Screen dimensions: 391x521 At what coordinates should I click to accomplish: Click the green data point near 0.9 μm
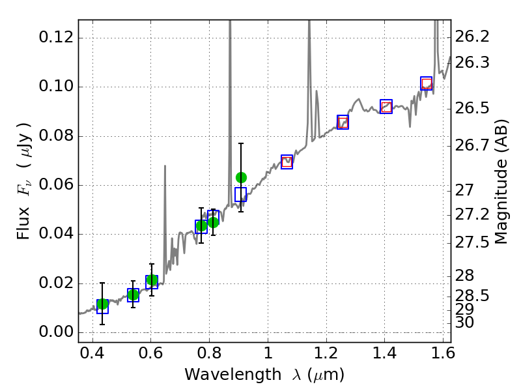(x=241, y=177)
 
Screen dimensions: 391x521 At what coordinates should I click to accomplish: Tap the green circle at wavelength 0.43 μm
(x=102, y=304)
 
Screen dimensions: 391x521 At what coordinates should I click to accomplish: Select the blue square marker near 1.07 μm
(x=287, y=162)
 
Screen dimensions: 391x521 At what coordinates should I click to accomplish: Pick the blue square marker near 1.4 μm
(x=386, y=107)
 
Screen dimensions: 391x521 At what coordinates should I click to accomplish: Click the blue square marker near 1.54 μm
(x=427, y=83)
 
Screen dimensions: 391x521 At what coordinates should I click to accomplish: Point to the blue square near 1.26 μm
(x=343, y=122)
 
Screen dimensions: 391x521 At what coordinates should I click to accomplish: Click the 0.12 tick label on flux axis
(x=55, y=38)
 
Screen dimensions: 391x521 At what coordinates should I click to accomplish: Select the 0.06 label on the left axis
(x=55, y=185)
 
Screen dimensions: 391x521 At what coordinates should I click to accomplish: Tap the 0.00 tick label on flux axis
(x=55, y=332)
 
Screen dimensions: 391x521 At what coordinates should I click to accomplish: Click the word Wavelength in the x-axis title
(x=221, y=375)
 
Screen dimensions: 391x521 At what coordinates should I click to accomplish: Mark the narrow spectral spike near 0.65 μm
(x=165, y=195)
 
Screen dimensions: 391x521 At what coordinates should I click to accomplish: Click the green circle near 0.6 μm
(x=152, y=281)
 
